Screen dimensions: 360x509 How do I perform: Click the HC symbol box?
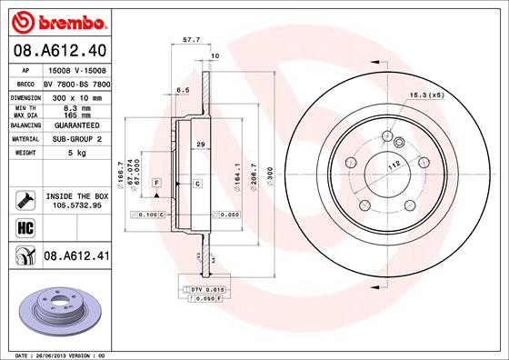[25, 227]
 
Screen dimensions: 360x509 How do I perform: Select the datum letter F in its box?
[157, 184]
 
